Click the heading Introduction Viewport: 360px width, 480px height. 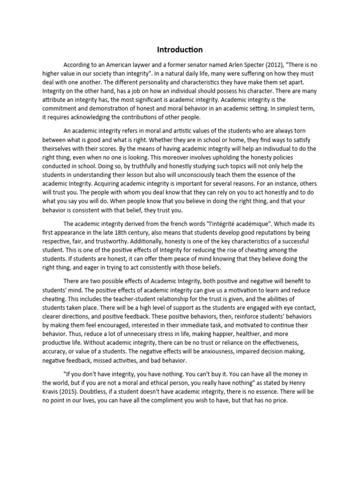(x=180, y=49)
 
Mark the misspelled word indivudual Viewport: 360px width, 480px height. (x=288, y=149)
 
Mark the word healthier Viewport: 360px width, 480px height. (x=270, y=335)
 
